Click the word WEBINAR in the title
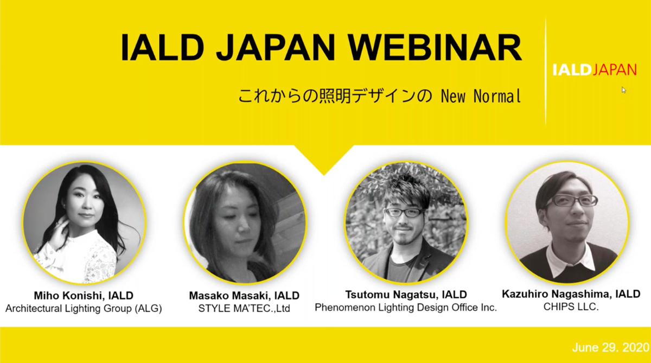(x=435, y=47)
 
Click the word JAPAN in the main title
(x=276, y=47)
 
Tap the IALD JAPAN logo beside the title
(x=595, y=70)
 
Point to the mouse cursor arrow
(x=624, y=90)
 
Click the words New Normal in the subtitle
(x=481, y=96)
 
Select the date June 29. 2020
(x=610, y=348)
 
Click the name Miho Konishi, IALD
(x=84, y=296)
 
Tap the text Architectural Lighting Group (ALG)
(x=84, y=308)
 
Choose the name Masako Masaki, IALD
(x=244, y=296)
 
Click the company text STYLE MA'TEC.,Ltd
(x=244, y=308)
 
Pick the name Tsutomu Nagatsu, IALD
(x=406, y=295)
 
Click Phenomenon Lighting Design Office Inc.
(x=406, y=308)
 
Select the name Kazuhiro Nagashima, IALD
(x=571, y=294)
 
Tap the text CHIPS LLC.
(x=571, y=307)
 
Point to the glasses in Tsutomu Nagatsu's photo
(x=405, y=213)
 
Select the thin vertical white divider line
(x=546, y=72)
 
